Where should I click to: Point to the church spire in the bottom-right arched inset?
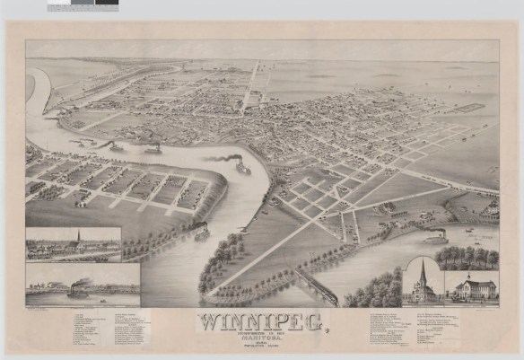[423, 270]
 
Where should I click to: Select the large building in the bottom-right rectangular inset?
[476, 288]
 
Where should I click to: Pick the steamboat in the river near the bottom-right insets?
[436, 238]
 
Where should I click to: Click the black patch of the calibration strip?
[108, 4]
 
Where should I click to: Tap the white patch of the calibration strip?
[59, 4]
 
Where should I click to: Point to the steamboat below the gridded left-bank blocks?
[202, 232]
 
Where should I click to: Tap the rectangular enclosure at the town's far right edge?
[471, 109]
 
